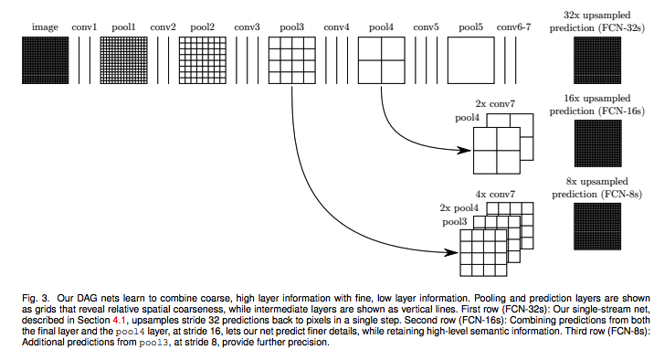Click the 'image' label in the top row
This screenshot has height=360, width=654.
pos(45,27)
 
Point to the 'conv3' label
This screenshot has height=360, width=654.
pos(247,27)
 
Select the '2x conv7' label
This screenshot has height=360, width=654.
pos(494,105)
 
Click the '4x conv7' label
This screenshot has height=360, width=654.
pos(494,195)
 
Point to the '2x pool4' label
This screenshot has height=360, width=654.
pos(459,209)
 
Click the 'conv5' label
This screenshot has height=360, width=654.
pos(426,27)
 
